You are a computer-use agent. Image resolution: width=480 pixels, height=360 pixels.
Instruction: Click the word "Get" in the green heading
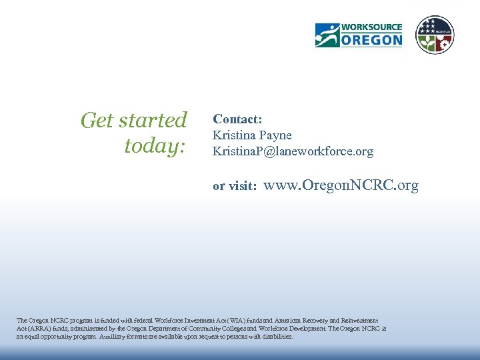(97, 121)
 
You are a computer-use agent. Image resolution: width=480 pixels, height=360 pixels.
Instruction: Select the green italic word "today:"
(155, 146)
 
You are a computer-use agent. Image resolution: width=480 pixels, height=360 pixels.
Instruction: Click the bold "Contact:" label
(237, 119)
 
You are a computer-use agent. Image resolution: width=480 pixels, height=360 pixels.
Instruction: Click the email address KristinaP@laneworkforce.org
(293, 152)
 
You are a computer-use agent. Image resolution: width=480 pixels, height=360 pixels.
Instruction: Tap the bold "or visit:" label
(235, 187)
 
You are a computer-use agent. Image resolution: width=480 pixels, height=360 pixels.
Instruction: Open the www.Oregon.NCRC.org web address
(341, 185)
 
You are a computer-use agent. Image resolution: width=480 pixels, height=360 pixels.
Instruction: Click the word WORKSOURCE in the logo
(371, 28)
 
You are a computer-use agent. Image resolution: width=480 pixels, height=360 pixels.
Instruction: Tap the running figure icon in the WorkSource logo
(327, 35)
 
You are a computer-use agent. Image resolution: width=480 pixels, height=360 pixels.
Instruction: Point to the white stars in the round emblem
(435, 26)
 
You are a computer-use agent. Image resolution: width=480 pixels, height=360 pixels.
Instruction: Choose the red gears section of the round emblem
(443, 42)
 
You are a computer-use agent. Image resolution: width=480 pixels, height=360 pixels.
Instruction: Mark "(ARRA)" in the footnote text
(27, 329)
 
